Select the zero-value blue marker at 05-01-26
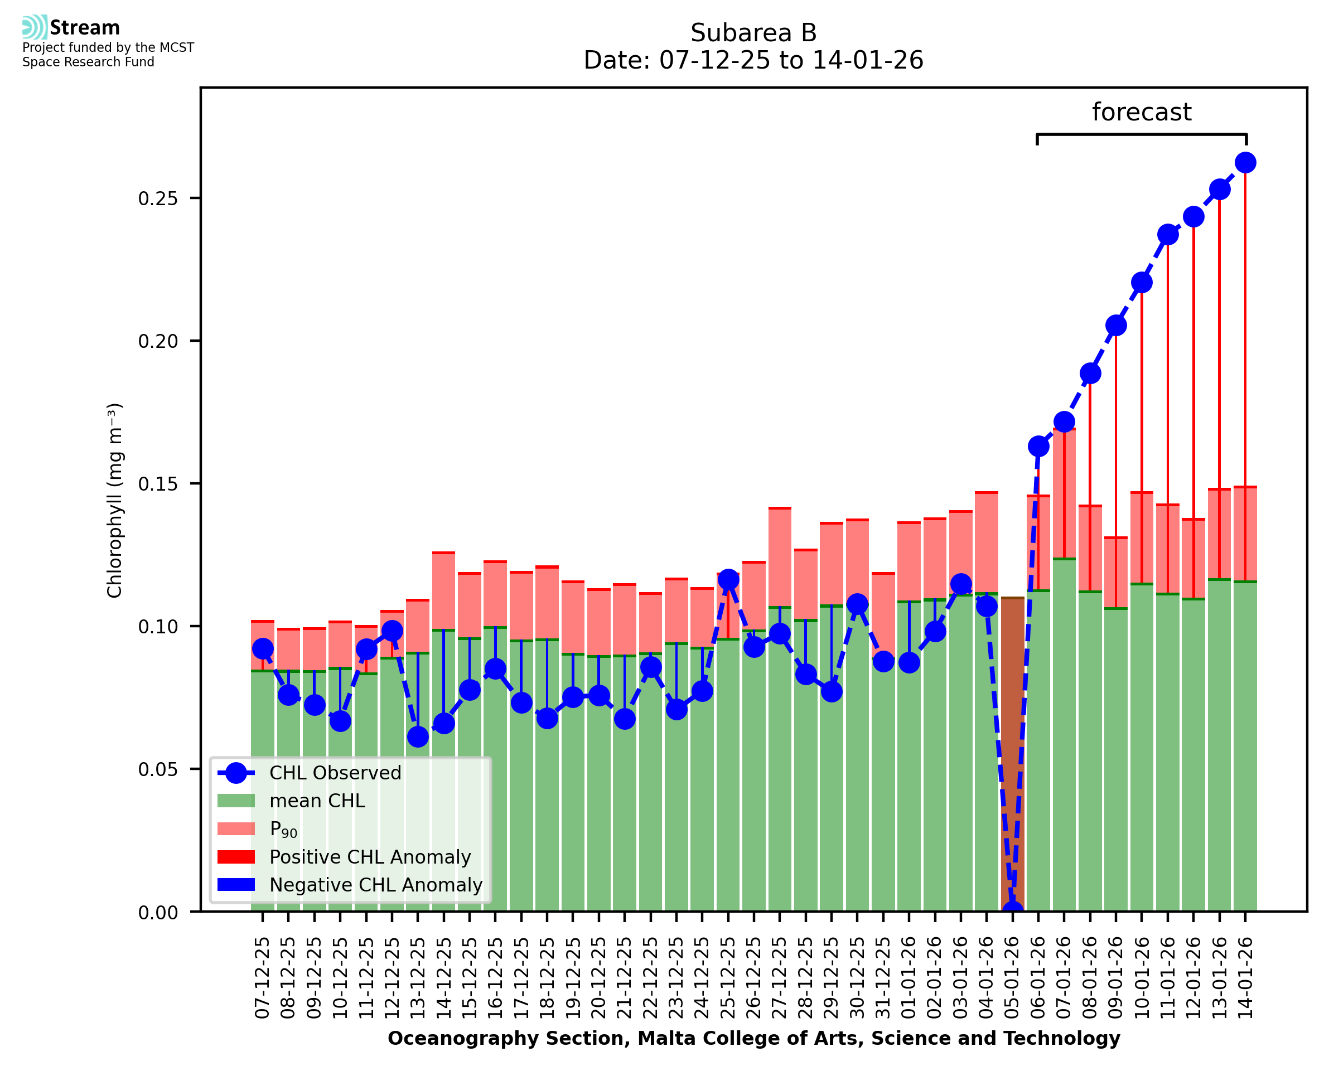click(1012, 910)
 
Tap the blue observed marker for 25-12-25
click(728, 579)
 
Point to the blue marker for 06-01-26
click(1038, 446)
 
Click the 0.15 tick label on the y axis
click(157, 484)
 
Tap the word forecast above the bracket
click(1142, 112)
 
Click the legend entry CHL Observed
click(335, 773)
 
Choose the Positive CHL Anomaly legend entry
click(370, 857)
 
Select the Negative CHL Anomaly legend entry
click(375, 885)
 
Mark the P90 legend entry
click(283, 830)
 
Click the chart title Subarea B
click(753, 33)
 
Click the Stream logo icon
click(35, 27)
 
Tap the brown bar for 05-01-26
click(1012, 753)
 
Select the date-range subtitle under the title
click(753, 60)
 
